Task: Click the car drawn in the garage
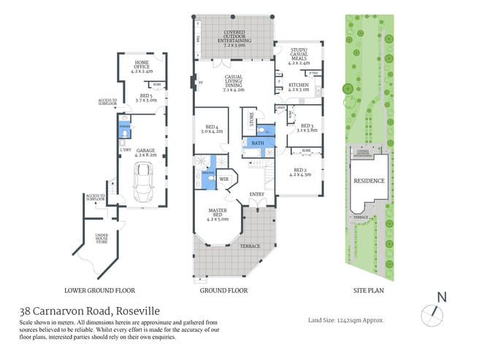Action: [142, 180]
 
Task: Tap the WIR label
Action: [225, 179]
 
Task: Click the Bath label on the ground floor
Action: [258, 144]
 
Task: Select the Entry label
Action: [257, 194]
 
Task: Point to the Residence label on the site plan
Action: [369, 180]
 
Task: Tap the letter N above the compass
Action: [440, 296]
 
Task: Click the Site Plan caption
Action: [370, 290]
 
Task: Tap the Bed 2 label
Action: [299, 172]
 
